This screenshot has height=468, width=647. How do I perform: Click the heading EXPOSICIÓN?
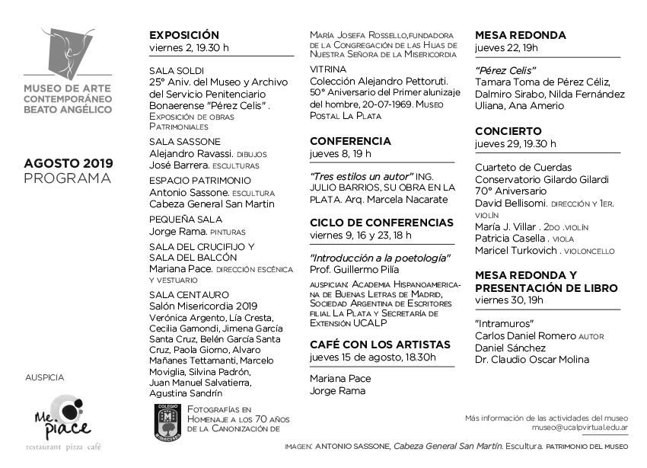tap(183, 35)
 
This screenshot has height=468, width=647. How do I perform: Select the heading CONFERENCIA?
tap(350, 141)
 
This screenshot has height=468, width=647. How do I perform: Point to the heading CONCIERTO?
tap(508, 131)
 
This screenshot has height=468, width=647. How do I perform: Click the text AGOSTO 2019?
tap(68, 163)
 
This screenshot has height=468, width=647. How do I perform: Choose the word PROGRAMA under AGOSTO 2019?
tap(68, 178)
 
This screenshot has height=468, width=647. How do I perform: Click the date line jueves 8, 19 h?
tap(340, 154)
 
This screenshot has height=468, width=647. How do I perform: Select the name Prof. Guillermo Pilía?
tap(355, 270)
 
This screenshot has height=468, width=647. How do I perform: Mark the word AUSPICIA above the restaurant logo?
tap(45, 377)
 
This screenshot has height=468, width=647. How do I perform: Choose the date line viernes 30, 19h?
tap(508, 300)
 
